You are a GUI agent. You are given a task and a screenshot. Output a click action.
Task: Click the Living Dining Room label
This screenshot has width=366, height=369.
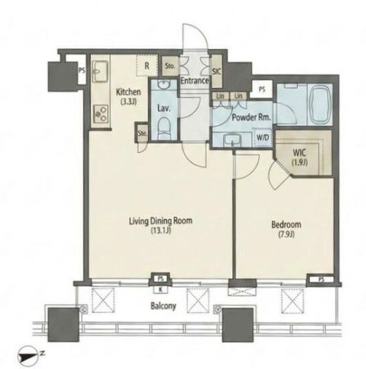tap(160, 221)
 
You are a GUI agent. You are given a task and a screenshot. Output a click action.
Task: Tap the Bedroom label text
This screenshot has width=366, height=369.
tap(286, 225)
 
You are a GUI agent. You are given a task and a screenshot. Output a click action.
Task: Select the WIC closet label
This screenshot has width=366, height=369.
tap(300, 153)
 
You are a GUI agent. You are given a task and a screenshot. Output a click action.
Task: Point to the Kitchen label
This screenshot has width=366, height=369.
tap(128, 92)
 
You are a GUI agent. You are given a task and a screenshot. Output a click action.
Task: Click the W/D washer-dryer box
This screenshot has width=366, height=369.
tap(263, 138)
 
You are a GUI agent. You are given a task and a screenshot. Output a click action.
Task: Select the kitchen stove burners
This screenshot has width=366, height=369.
tap(101, 114)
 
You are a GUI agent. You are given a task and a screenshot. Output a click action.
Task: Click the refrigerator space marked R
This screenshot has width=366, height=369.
tap(147, 66)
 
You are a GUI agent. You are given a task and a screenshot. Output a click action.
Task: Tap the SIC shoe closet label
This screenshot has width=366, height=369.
tap(217, 72)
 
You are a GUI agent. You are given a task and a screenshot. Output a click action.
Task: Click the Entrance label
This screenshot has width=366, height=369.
tap(195, 81)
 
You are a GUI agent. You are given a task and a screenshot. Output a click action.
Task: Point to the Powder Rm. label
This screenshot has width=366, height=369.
tap(252, 118)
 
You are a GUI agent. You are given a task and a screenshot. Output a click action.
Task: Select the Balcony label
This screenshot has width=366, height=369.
tap(163, 306)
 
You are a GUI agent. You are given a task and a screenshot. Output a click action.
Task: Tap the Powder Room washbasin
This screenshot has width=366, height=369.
tap(231, 140)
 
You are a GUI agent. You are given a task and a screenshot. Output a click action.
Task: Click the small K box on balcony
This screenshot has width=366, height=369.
tap(160, 289)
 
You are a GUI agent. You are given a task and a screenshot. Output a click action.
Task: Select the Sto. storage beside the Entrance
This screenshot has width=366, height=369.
tap(170, 66)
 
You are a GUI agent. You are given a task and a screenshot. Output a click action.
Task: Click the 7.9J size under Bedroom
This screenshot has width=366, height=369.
tap(287, 234)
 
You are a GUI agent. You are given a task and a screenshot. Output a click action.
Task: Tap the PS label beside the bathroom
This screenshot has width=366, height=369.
tap(262, 90)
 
